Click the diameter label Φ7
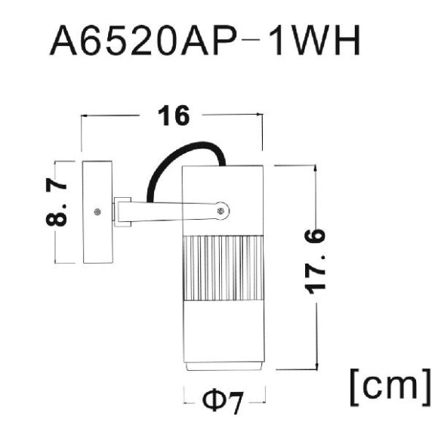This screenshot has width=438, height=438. (x=224, y=403)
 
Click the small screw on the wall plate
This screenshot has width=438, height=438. (x=97, y=212)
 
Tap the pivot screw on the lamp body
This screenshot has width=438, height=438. (x=221, y=211)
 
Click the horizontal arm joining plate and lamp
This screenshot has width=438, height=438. (x=174, y=212)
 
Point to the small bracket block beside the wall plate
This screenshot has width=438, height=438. (x=122, y=212)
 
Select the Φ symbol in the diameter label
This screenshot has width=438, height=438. (x=212, y=403)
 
